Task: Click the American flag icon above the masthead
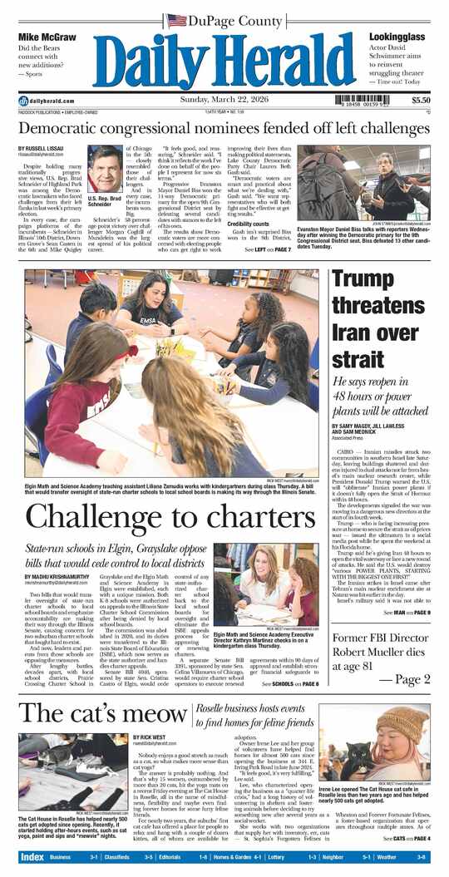pos(175,20)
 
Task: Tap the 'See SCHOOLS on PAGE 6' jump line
pos(290,684)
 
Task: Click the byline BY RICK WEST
pos(150,737)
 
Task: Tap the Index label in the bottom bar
pos(32,856)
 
